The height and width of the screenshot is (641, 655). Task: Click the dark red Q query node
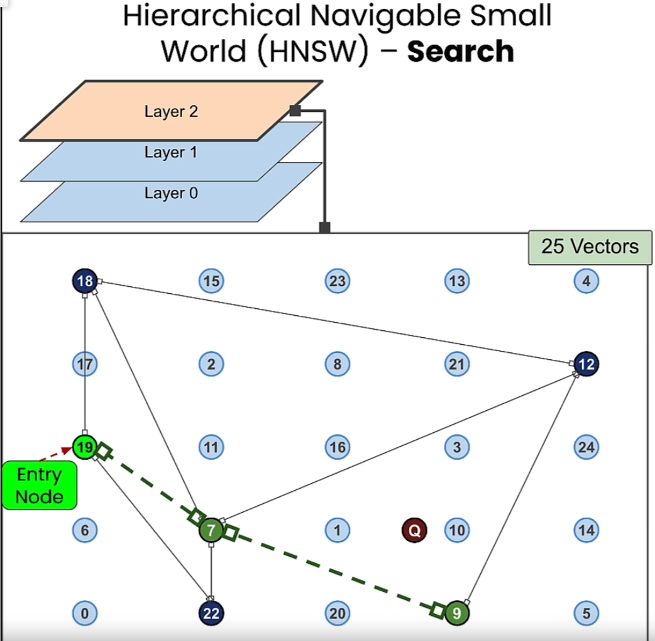(x=414, y=530)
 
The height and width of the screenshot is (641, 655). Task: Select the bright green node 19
(x=85, y=447)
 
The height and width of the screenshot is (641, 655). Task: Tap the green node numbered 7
(x=211, y=530)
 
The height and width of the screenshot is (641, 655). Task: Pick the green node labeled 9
(x=457, y=613)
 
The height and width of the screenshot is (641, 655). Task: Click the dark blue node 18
(x=85, y=281)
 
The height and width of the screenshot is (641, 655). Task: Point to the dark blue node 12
(x=586, y=364)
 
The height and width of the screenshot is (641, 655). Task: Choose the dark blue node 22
(x=211, y=613)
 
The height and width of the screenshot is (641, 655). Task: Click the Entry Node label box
(x=40, y=485)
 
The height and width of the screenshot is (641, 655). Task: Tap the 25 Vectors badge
(x=589, y=247)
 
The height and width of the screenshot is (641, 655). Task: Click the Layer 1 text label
(x=170, y=152)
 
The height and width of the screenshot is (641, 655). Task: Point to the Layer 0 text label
(x=170, y=193)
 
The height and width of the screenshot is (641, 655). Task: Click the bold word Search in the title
(x=460, y=51)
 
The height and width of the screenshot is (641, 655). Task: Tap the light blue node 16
(x=337, y=447)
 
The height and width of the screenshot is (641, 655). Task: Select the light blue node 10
(x=457, y=530)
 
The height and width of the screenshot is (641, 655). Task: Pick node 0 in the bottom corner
(x=85, y=613)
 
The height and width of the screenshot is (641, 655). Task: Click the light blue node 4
(x=586, y=281)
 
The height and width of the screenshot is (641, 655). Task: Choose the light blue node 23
(x=337, y=281)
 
